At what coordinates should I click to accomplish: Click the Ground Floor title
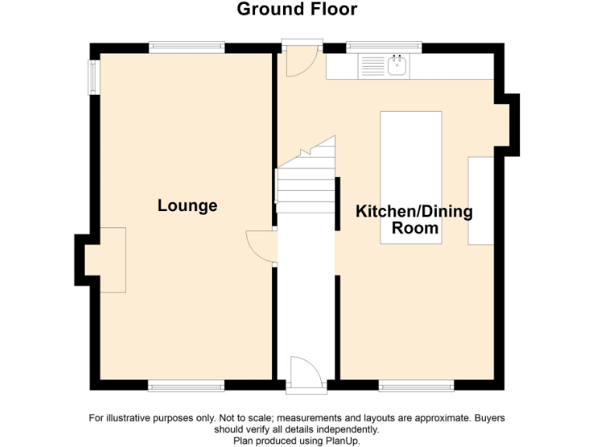[297, 9]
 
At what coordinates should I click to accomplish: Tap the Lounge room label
[187, 206]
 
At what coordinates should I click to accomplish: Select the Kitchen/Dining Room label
[414, 220]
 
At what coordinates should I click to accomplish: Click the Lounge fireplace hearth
[112, 260]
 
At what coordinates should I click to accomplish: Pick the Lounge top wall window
[187, 47]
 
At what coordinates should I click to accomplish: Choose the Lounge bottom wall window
[187, 385]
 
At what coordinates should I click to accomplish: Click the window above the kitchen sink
[384, 47]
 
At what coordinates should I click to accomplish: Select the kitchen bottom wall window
[417, 385]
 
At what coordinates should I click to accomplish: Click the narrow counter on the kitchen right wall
[480, 201]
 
